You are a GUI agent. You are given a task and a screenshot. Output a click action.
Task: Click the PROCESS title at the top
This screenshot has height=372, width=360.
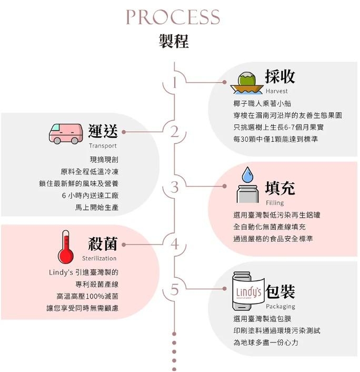[x=173, y=17]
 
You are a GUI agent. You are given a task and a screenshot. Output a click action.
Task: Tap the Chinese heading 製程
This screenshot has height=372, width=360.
[x=174, y=41]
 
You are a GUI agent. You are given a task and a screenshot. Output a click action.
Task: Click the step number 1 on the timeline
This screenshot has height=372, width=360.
[x=175, y=83]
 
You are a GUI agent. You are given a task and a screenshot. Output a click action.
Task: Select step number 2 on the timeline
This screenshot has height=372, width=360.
[x=175, y=132]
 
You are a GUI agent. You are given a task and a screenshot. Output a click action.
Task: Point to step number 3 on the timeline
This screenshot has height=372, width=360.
[x=174, y=187]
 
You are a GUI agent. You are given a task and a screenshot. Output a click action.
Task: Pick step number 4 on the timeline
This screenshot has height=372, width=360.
[x=175, y=244]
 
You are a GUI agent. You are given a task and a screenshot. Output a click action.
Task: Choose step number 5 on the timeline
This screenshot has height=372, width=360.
[x=174, y=290]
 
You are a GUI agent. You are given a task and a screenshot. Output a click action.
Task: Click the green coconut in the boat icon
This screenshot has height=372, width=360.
[x=247, y=80]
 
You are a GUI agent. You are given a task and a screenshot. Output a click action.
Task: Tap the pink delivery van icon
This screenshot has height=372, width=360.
[x=66, y=134]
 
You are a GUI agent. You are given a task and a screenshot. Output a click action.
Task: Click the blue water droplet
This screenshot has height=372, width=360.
[x=248, y=174]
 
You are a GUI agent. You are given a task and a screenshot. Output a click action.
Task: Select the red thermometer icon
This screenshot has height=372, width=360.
[x=66, y=247]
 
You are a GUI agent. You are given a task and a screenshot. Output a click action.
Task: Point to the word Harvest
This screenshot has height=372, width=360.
[x=276, y=91]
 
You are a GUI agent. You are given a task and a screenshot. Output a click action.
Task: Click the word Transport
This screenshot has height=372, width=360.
[x=103, y=145]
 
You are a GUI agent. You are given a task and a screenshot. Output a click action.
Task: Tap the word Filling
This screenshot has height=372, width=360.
[x=275, y=203]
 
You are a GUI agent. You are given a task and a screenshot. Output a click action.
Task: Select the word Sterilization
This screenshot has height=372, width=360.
[x=99, y=258]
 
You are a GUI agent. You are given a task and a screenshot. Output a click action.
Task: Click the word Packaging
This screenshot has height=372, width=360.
[x=281, y=307]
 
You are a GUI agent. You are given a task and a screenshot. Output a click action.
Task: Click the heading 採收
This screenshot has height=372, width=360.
[x=280, y=76]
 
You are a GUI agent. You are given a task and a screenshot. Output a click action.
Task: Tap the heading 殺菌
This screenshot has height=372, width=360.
[x=103, y=243]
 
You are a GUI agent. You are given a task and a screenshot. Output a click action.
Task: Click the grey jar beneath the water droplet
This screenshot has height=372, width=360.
[x=248, y=194]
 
